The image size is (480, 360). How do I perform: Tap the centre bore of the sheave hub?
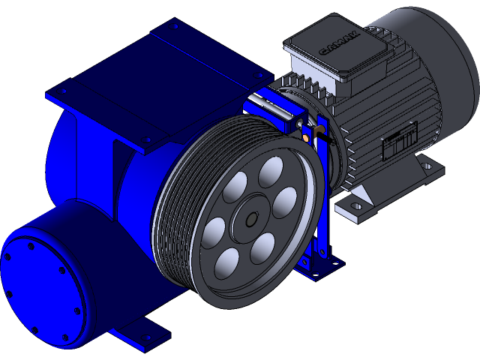tap(250, 219)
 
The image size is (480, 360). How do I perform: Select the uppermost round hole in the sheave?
tap(268, 175)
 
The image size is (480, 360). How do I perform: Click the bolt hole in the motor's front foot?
tap(357, 205)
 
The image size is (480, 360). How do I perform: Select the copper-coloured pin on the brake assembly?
tap(308, 138)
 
